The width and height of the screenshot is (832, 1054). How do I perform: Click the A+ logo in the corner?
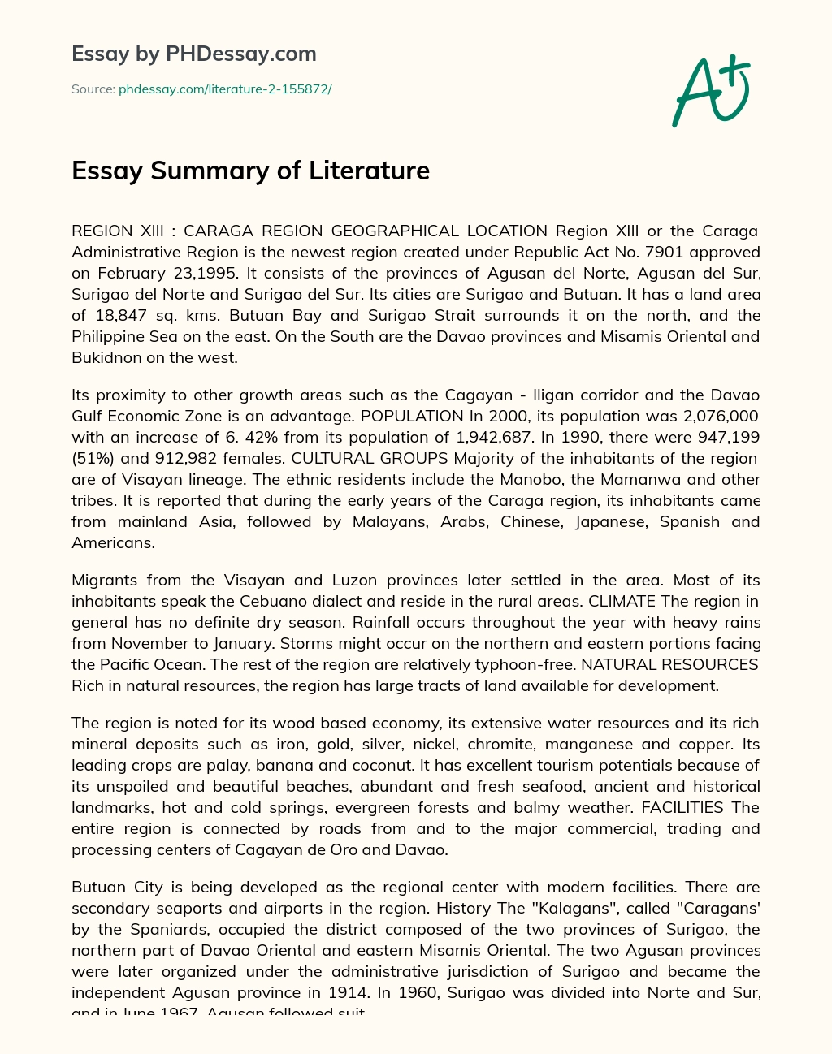(x=711, y=91)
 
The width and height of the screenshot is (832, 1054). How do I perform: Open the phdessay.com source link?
(x=225, y=89)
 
